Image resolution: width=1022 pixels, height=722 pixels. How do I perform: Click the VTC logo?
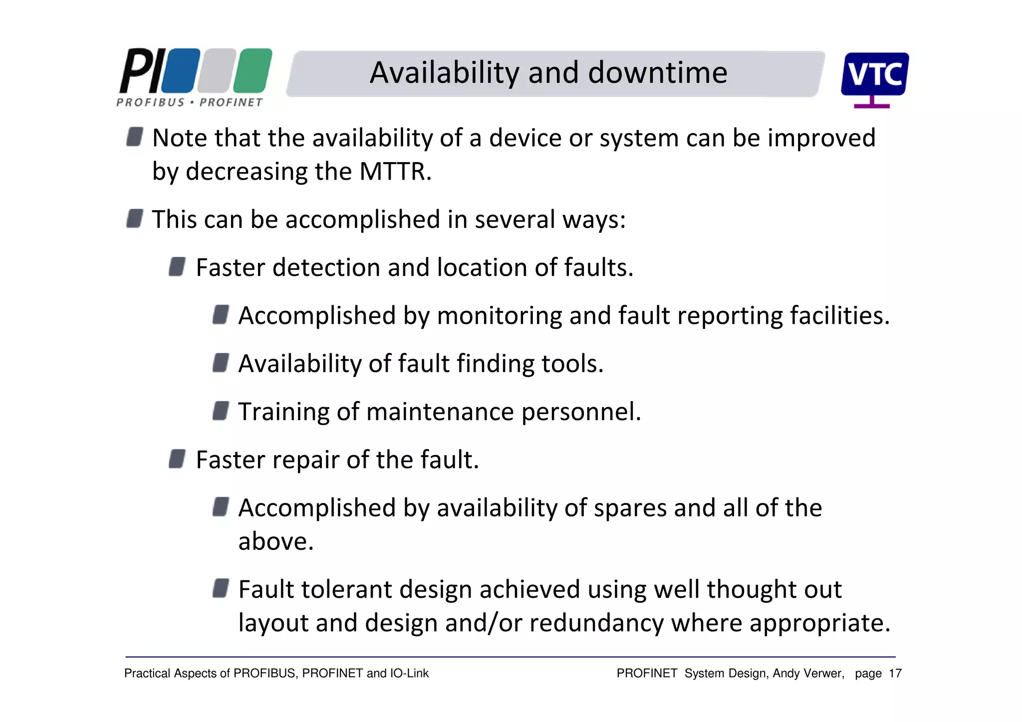click(x=874, y=76)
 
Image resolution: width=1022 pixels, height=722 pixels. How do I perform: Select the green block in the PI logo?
click(x=253, y=70)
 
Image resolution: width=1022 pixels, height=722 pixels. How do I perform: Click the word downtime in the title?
click(x=657, y=73)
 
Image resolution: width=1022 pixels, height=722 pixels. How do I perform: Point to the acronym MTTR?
click(x=394, y=172)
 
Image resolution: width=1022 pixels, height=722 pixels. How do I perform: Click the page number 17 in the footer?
click(x=895, y=674)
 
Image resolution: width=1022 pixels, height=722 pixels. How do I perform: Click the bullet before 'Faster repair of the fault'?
click(x=177, y=459)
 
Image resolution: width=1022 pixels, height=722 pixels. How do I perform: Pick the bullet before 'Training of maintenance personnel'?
click(x=221, y=411)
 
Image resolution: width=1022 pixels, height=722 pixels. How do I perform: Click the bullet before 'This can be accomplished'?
click(x=135, y=219)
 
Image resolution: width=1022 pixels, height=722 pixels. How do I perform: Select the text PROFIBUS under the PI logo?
click(x=150, y=102)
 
